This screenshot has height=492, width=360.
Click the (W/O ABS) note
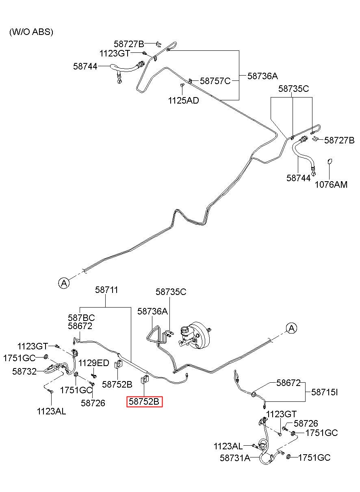31,32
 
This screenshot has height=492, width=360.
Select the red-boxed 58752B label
144,401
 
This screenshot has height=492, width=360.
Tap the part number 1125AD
183,100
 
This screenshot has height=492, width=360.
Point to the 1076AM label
331,184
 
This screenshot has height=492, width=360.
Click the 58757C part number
215,81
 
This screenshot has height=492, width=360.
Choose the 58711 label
106,290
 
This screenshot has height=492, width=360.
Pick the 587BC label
81,318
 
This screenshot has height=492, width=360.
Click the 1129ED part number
94,363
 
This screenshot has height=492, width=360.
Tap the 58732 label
24,371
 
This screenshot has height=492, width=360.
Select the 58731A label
235,458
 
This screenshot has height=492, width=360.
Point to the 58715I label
324,392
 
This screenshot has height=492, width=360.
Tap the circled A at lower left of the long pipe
64,283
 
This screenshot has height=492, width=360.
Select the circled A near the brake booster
291,328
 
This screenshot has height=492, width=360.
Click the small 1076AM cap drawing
330,162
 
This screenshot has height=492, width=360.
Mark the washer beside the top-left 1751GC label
46,356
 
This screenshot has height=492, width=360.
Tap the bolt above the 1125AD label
182,85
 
